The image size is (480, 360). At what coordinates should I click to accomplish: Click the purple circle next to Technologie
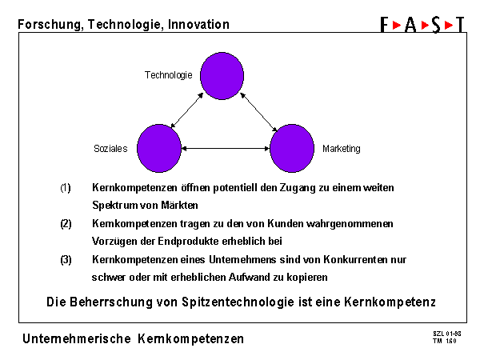coord(222,76)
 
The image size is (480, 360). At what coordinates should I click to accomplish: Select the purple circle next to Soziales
coord(159,149)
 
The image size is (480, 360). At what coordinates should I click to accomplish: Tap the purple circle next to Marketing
coord(292,149)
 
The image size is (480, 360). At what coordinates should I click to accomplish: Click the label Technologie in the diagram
coord(168,75)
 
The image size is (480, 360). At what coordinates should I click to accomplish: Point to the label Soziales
coord(110,149)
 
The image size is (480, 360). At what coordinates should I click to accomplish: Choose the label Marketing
coord(342,149)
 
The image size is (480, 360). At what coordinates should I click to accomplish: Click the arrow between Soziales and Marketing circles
coord(226,149)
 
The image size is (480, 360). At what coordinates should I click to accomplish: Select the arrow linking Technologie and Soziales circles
coord(187,110)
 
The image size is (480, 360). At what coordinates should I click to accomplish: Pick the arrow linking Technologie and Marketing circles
coord(258,112)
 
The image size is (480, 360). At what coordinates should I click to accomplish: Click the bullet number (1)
coord(66,188)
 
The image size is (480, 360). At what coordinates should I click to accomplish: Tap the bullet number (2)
coord(66,224)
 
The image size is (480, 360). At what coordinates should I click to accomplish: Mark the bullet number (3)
coord(66,260)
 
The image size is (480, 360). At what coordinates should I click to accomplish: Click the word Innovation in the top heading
coord(198,25)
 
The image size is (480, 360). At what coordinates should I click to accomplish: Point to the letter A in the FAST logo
coord(410,25)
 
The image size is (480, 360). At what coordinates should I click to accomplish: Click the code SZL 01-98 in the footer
coord(447,334)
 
